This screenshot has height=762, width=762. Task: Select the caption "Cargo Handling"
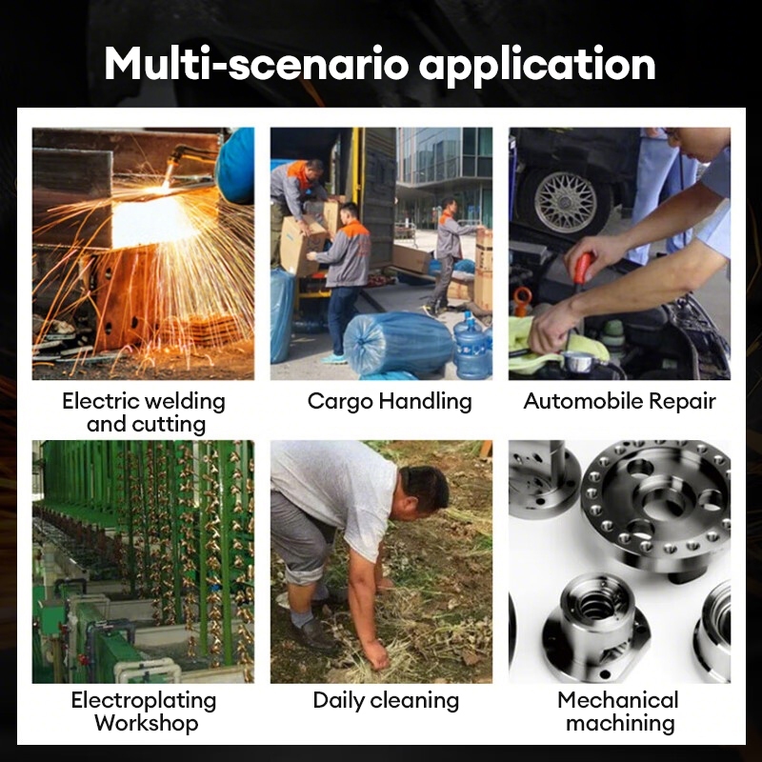(390, 402)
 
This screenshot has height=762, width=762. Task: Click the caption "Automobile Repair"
(620, 401)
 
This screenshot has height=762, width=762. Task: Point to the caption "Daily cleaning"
(386, 701)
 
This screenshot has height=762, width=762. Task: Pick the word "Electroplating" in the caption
(144, 701)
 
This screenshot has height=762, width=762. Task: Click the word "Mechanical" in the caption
(618, 700)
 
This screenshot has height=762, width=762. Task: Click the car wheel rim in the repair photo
(565, 201)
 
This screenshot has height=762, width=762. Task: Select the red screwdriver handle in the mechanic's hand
(583, 269)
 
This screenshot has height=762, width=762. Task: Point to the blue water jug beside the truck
(471, 346)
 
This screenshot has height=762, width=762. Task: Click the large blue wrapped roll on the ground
(398, 344)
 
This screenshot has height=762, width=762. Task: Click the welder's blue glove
(235, 164)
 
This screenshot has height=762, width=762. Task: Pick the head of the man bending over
(422, 491)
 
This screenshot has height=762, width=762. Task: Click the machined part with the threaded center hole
(596, 627)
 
